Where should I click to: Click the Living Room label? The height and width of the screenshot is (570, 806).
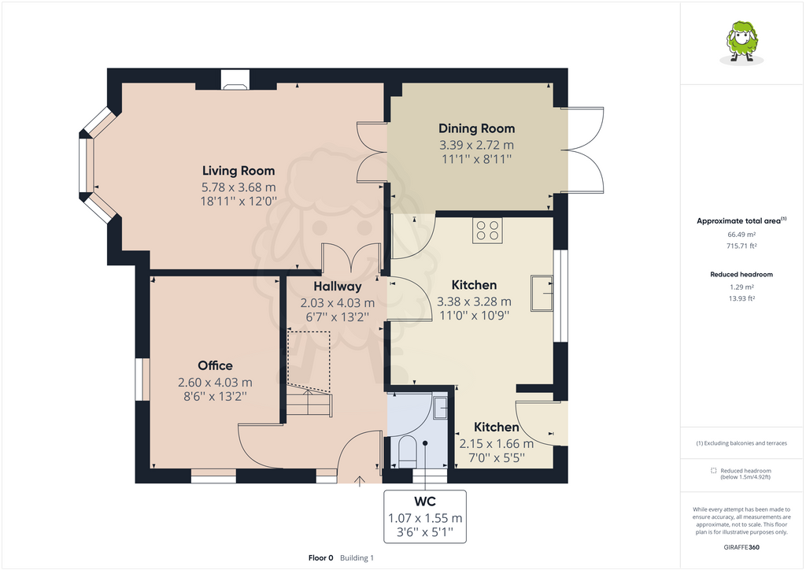238,170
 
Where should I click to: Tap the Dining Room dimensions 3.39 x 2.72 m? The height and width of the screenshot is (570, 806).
476,145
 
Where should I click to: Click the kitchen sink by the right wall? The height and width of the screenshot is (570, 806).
542,292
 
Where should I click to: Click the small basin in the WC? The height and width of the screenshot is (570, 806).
440,407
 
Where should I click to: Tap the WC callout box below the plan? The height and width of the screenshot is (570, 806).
425,516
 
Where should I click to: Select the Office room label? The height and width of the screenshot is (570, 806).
215,365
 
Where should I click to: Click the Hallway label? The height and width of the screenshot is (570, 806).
337,287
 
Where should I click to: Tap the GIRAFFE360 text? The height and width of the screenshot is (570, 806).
741,547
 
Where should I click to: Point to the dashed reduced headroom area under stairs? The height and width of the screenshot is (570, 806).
309,358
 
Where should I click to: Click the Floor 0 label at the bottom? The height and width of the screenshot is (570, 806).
321,558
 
